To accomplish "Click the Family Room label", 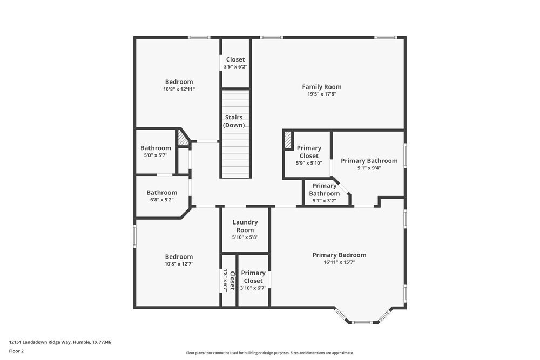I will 321,86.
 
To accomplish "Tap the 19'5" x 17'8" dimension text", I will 321,94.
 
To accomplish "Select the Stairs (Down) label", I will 234,121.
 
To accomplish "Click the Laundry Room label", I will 245,226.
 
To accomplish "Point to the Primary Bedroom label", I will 339,255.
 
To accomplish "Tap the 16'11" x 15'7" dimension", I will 339,262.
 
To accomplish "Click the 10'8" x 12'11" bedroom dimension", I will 179,89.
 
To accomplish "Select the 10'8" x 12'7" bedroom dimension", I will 179,264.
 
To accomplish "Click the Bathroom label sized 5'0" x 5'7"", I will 156,148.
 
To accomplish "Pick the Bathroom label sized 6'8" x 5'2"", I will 162,192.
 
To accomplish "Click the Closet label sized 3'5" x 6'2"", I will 235,59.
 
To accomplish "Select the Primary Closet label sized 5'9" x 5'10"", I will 309,152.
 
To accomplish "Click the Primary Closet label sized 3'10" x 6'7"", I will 253,276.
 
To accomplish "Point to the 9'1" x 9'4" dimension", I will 369,168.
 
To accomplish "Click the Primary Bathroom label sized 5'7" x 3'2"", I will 325,189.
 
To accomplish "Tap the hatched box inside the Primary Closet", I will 288,140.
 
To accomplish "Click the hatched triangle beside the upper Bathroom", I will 184,140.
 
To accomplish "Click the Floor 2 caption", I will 16,351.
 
